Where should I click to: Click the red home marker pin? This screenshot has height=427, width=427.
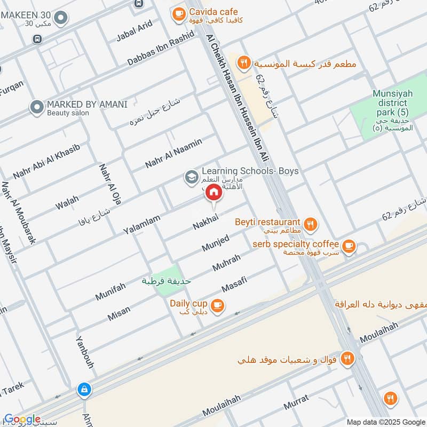click(213, 192)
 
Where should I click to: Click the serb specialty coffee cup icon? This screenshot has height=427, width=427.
click(349, 246)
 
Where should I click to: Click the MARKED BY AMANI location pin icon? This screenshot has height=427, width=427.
click(37, 108)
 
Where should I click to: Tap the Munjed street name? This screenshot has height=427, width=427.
click(216, 242)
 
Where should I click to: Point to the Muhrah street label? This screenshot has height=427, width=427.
click(227, 263)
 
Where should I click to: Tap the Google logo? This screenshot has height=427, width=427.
click(22, 420)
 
